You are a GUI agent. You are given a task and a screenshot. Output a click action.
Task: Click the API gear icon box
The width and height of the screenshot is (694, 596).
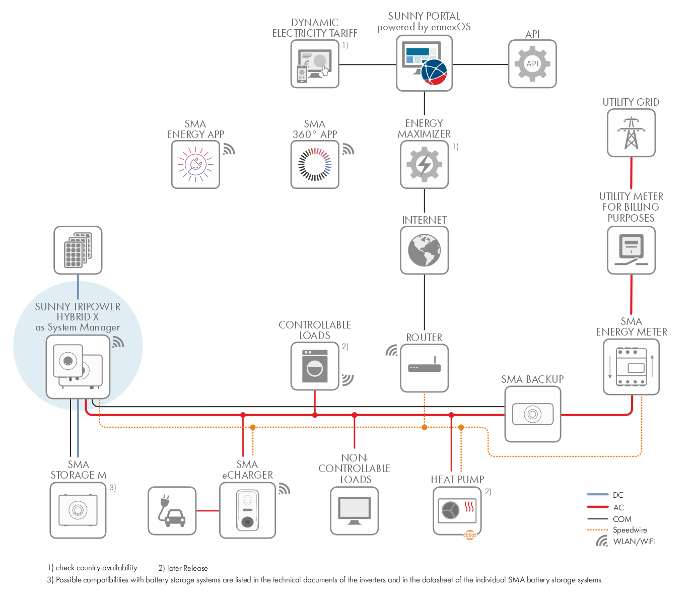pyautogui.click(x=532, y=64)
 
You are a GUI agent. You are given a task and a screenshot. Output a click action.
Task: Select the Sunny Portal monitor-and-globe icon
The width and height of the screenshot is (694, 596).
pyautogui.click(x=425, y=63)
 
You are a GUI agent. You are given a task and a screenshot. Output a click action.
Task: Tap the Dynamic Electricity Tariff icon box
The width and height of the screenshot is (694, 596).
pyautogui.click(x=315, y=64)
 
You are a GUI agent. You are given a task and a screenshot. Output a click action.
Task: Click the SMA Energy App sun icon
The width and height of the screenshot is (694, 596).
pyautogui.click(x=195, y=164)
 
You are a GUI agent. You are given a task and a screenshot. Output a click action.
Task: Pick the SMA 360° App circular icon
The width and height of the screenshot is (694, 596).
pyautogui.click(x=315, y=164)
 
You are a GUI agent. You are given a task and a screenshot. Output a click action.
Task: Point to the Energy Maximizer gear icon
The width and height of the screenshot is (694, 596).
pyautogui.click(x=425, y=164)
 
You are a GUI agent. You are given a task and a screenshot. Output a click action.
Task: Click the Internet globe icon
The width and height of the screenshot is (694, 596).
pyautogui.click(x=425, y=250)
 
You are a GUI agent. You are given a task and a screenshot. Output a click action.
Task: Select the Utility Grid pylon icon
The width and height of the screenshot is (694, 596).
pyautogui.click(x=631, y=133)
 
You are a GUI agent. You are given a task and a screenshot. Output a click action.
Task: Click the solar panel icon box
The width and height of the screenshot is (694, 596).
pyautogui.click(x=78, y=250)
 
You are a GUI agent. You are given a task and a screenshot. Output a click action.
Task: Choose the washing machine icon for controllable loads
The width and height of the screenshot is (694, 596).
pyautogui.click(x=315, y=366)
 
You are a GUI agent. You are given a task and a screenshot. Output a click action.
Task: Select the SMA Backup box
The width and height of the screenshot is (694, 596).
pyautogui.click(x=532, y=414)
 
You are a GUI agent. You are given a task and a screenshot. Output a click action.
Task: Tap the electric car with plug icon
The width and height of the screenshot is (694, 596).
pyautogui.click(x=172, y=511)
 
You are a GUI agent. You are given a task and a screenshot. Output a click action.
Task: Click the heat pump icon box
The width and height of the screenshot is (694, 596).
pyautogui.click(x=457, y=511)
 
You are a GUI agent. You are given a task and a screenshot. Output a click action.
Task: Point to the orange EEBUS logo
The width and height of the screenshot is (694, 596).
pyautogui.click(x=470, y=535)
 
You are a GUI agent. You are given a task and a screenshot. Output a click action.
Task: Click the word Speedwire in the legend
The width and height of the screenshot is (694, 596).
pyautogui.click(x=630, y=530)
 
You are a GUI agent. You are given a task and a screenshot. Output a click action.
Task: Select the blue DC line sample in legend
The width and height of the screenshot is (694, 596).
pyautogui.click(x=598, y=495)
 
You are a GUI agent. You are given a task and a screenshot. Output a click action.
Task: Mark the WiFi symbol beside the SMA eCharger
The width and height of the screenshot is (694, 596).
pyautogui.click(x=284, y=489)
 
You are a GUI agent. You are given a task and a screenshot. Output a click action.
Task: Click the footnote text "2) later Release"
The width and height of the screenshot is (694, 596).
pyautogui.click(x=183, y=568)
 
